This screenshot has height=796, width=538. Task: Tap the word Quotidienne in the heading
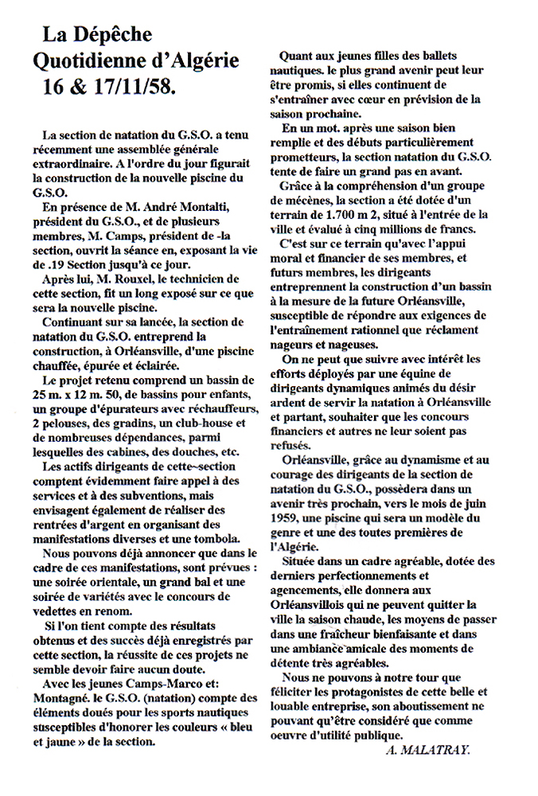click(92, 60)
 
